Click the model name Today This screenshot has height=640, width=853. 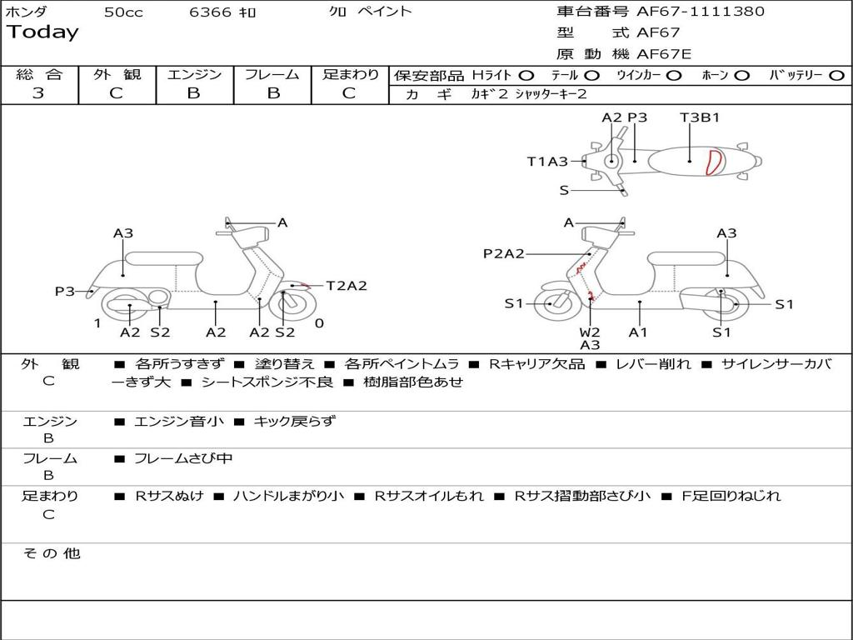point(42,32)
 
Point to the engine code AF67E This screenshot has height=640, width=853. point(664,54)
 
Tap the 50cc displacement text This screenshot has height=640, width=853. point(123,12)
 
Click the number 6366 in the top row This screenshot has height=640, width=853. point(211,12)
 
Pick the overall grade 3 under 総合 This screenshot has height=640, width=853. point(38,93)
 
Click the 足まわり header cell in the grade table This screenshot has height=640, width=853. point(350,75)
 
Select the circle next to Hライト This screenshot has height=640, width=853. point(526,76)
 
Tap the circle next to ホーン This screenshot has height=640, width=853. point(742,76)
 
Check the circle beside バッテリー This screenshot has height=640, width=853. point(836,76)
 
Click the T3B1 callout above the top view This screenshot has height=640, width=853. point(700,117)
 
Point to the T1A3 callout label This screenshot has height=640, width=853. point(547,162)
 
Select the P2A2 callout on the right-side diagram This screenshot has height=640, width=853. point(504,253)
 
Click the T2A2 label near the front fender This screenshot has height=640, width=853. point(346,286)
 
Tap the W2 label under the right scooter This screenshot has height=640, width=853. point(590,332)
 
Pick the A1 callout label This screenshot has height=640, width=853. point(638,332)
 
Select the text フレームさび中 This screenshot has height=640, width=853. point(183,458)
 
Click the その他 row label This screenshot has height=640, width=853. point(52,553)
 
